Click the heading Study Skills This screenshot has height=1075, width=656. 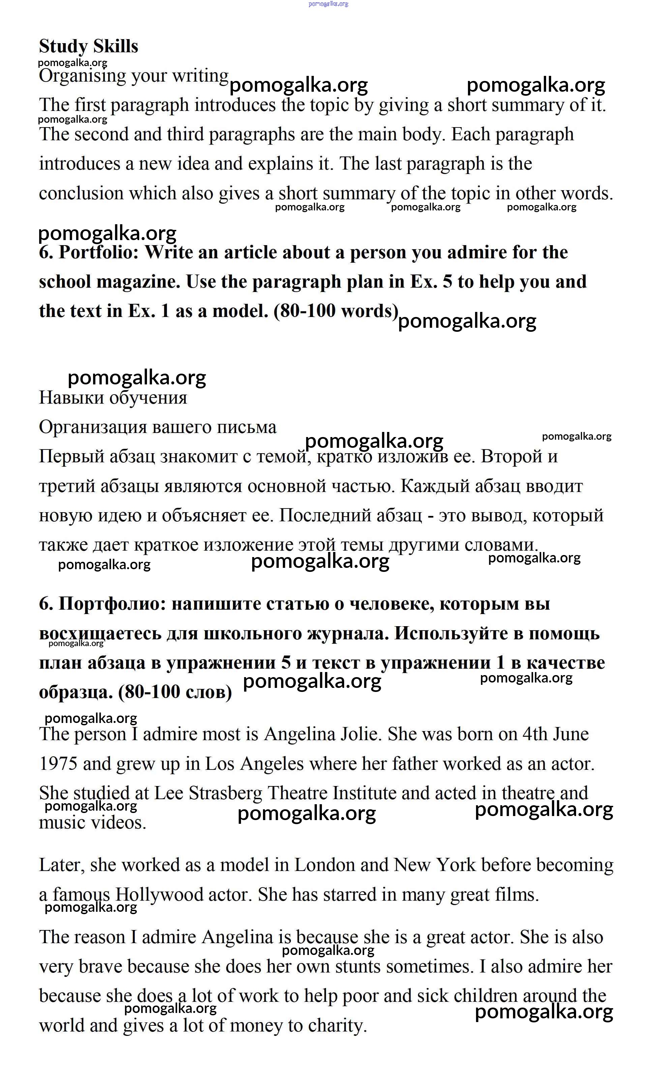(89, 46)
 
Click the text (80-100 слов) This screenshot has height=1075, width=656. (175, 692)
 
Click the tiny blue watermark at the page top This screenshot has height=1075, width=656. (328, 4)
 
